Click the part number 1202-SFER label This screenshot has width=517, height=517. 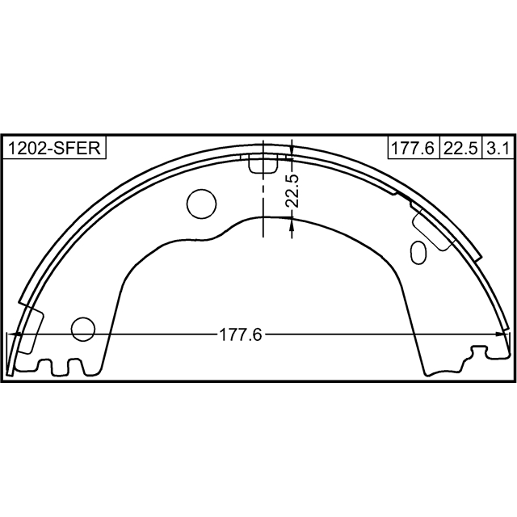point(55,148)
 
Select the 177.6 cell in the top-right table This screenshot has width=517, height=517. point(412,148)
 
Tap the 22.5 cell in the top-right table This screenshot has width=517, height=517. point(460,148)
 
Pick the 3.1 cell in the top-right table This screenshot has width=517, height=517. point(497,148)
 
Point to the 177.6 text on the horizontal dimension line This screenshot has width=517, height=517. point(241,334)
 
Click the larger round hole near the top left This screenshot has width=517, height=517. point(201,204)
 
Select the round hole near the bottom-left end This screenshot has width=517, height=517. point(83,329)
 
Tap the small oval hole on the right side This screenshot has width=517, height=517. point(418,251)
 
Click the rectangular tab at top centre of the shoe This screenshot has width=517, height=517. point(263,164)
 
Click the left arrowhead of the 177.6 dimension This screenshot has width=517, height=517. point(11,334)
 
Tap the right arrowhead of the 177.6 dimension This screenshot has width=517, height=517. point(504,334)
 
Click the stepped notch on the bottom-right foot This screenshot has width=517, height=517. point(477,353)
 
